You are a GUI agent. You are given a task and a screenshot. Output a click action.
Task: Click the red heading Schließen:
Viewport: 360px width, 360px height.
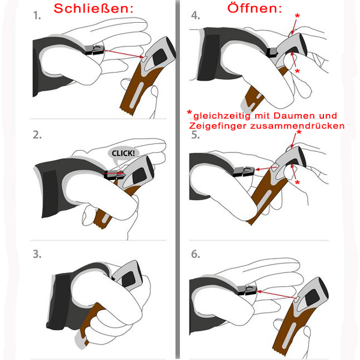pyautogui.click(x=94, y=8)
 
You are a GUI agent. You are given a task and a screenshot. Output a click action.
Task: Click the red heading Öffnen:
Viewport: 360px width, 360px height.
pyautogui.click(x=254, y=8)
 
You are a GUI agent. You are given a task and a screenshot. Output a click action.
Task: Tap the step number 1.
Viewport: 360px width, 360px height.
pyautogui.click(x=37, y=16)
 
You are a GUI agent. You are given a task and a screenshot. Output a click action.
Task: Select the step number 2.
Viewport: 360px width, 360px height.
pyautogui.click(x=37, y=135)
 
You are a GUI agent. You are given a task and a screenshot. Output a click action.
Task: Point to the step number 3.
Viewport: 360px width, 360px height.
pyautogui.click(x=37, y=254)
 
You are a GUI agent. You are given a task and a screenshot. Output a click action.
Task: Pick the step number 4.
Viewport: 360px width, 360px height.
pyautogui.click(x=196, y=16)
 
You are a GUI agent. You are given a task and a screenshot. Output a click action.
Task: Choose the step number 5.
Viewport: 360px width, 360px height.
pyautogui.click(x=196, y=135)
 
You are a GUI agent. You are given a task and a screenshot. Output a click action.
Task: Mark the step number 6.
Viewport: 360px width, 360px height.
pyautogui.click(x=196, y=254)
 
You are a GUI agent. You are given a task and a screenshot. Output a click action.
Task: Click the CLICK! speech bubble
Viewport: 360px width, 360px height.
pyautogui.click(x=123, y=153)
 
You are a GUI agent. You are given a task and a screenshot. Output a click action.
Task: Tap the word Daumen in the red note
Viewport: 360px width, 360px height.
pyautogui.click(x=294, y=115)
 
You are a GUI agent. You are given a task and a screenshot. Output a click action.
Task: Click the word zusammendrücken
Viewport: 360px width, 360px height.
pyautogui.click(x=298, y=126)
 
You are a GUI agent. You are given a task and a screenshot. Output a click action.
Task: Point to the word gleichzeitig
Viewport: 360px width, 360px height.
pyautogui.click(x=222, y=116)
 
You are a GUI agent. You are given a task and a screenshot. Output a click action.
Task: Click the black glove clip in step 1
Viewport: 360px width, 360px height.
pyautogui.click(x=94, y=50)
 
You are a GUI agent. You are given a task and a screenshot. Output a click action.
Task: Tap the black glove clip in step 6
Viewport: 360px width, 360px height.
pyautogui.click(x=247, y=290)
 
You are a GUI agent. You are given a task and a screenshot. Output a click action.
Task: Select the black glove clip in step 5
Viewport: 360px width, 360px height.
pyautogui.click(x=244, y=171)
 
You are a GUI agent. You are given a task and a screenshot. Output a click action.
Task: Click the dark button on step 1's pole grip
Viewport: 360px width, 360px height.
pyautogui.click(x=160, y=57)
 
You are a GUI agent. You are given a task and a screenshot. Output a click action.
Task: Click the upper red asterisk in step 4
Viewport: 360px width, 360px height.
pyautogui.click(x=298, y=16)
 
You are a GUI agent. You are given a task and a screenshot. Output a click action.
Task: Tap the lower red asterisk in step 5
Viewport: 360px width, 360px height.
pyautogui.click(x=298, y=183)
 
